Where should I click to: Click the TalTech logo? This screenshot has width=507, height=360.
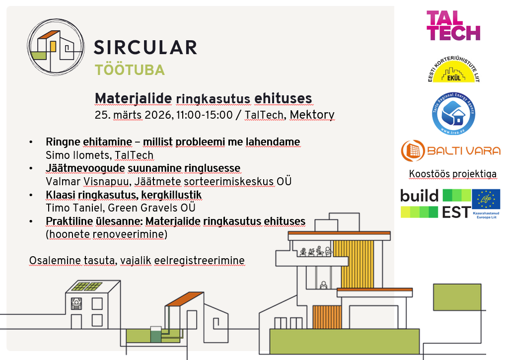coord(453,25)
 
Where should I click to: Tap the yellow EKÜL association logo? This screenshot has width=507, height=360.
coord(453,69)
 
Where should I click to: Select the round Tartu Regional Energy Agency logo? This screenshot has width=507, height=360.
coord(453,114)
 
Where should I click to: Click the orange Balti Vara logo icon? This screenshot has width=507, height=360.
coord(413,151)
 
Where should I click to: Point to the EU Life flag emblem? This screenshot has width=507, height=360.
coord(486,199)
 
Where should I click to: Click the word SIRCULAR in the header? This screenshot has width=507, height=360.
coord(145,48)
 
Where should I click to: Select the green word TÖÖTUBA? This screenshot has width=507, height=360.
coord(130,70)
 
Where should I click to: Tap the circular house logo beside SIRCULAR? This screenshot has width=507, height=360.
coord(56,47)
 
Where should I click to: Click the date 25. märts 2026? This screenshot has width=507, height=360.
coord(134,115)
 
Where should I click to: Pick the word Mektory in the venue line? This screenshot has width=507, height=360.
coord(312,115)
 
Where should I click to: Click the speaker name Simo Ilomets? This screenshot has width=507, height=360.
coord(77,155)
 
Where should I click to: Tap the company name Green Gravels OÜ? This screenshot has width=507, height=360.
coord(151,208)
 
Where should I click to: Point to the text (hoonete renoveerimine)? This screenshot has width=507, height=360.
coord(106,234)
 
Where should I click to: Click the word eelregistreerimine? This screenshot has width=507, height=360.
coord(199,260)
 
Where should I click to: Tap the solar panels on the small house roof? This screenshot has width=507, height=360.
coord(87,286)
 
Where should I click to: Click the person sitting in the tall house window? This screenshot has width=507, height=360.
coord(323,285)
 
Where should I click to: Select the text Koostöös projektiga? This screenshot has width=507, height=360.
coord(453,174)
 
